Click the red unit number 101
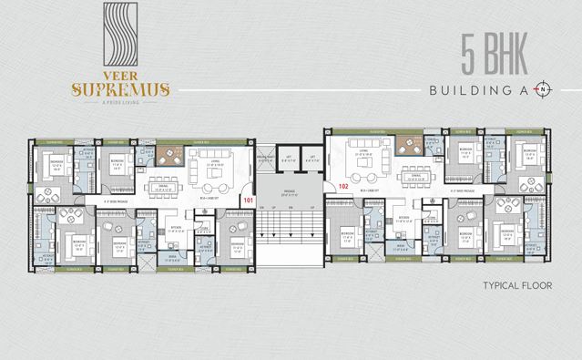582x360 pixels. pyautogui.click(x=248, y=198)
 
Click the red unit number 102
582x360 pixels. pyautogui.click(x=343, y=185)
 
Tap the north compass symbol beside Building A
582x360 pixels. pyautogui.click(x=544, y=90)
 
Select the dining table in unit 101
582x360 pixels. pyautogui.click(x=166, y=176)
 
